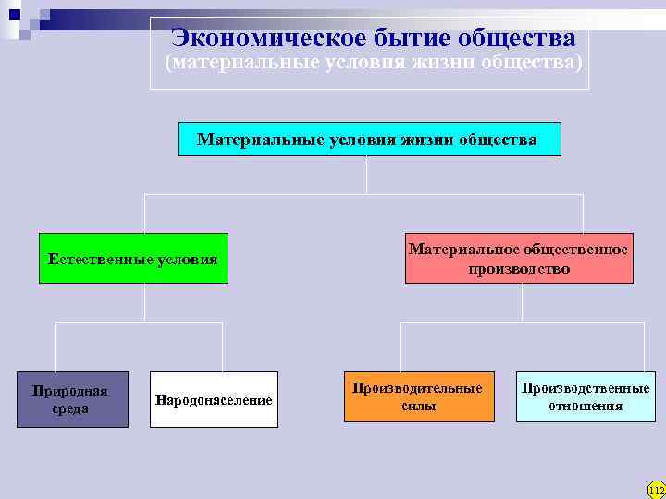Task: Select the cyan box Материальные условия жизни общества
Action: [368, 139]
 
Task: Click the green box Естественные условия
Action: [133, 259]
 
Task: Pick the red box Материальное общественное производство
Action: [519, 258]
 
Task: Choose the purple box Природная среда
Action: [71, 400]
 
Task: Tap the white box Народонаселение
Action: [214, 400]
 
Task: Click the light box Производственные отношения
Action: [585, 396]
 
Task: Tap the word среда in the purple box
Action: [70, 408]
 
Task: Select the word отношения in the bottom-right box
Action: [586, 406]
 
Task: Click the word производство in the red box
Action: [519, 268]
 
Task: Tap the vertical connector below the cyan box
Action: [367, 175]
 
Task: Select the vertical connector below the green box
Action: [145, 302]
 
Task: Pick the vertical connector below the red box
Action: [522, 302]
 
